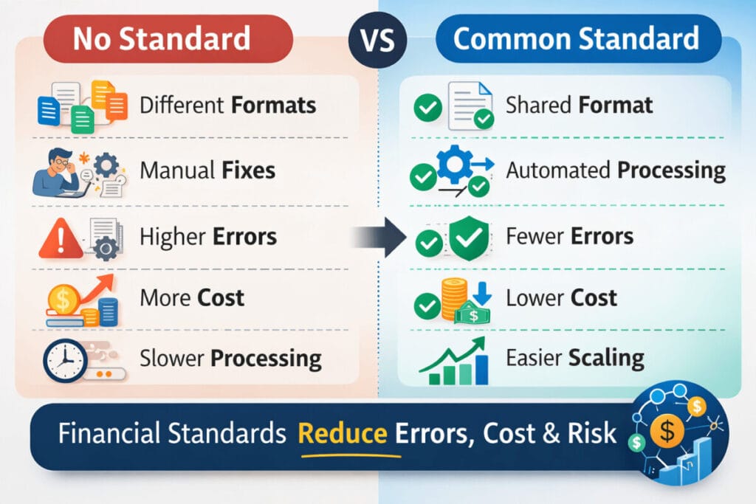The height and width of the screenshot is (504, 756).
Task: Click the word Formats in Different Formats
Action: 273,105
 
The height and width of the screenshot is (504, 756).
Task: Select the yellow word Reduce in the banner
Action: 342,433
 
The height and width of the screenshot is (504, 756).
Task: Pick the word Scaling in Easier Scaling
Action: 606,359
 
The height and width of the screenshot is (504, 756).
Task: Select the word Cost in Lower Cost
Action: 592,298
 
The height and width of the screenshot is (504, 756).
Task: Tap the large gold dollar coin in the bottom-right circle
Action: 667,432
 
